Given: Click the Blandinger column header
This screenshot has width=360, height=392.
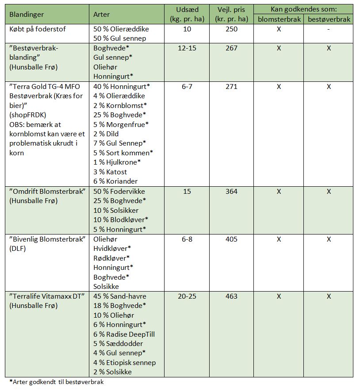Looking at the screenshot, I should pyautogui.click(x=27, y=15).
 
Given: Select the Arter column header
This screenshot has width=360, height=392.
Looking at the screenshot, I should pyautogui.click(x=102, y=15).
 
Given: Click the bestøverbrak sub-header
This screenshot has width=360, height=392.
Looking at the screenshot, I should pyautogui.click(x=329, y=19).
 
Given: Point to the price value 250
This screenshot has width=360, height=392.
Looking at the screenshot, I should pyautogui.click(x=231, y=29).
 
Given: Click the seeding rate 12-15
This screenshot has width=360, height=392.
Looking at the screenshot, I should pyautogui.click(x=187, y=48).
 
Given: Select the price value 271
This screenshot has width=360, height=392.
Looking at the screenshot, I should pyautogui.click(x=231, y=87).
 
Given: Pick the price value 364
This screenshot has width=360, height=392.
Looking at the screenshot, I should pyautogui.click(x=231, y=192).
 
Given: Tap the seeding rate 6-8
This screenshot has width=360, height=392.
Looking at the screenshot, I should pyautogui.click(x=187, y=239).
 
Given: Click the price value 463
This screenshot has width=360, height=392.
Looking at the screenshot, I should pyautogui.click(x=231, y=296).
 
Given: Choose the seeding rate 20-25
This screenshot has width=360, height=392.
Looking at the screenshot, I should pyautogui.click(x=187, y=296).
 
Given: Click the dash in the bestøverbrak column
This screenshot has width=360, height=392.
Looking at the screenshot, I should pyautogui.click(x=329, y=29).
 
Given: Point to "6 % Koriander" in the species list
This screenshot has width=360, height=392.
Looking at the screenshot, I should pyautogui.click(x=115, y=181).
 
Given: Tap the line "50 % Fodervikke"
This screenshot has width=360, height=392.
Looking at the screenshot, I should pyautogui.click(x=119, y=192).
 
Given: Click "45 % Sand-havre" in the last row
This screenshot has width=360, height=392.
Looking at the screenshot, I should pyautogui.click(x=120, y=296).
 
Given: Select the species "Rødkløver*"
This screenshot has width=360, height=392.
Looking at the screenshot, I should pyautogui.click(x=111, y=258).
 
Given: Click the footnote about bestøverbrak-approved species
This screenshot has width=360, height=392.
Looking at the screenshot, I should pyautogui.click(x=57, y=382).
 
